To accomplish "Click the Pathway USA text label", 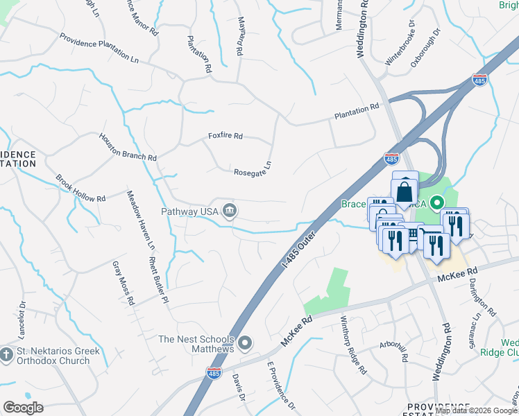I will (189, 211).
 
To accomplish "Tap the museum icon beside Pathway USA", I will (229, 211).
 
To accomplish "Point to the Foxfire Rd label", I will (226, 137).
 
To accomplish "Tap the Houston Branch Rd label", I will (127, 147).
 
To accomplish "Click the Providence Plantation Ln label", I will (98, 49).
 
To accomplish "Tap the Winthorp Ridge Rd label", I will (352, 345).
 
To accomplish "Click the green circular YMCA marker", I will (437, 204).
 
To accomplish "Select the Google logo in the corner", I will (24, 407).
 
